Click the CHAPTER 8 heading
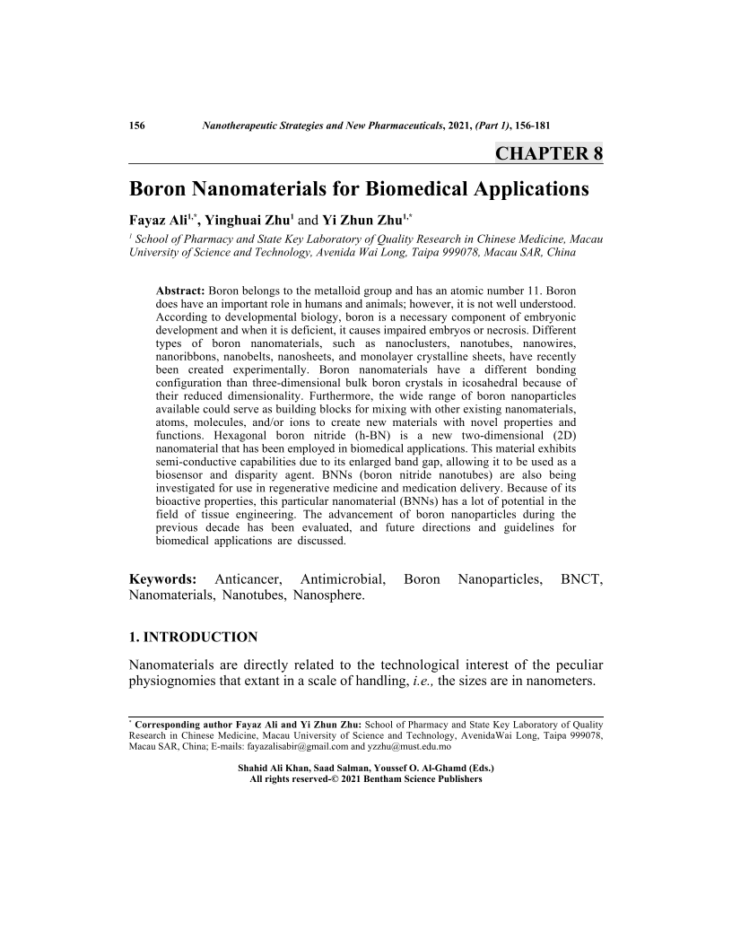(548, 152)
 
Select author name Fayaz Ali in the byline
(161, 220)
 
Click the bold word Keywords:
(163, 580)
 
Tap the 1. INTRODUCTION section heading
(194, 638)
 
